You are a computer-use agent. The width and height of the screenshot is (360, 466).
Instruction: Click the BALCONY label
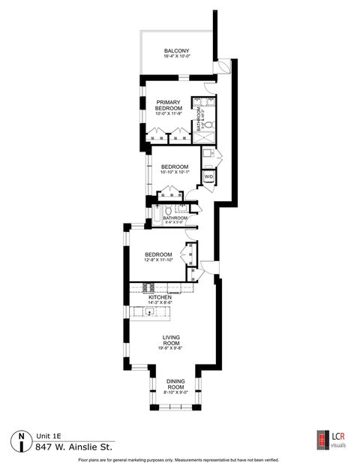pos(177,51)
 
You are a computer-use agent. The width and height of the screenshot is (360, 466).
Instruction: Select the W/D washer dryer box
pos(209,176)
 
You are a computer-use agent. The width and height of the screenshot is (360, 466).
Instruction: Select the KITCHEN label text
pos(160,297)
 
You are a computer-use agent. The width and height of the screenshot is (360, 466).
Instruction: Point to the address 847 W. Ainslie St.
pos(72,446)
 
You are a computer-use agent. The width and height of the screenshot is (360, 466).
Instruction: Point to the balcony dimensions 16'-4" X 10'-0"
pos(177,56)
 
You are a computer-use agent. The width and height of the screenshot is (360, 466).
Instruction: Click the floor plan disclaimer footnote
pos(180,458)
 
